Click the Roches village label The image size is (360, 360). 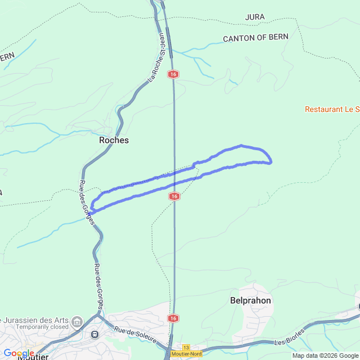(x=114, y=140)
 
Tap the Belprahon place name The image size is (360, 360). (x=251, y=300)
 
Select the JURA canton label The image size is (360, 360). (x=255, y=17)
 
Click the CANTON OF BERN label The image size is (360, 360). (x=256, y=38)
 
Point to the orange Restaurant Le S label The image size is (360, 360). (x=332, y=109)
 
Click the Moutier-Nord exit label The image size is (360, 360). (x=186, y=353)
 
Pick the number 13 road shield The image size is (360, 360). (x=186, y=347)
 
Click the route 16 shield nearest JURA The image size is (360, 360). (x=173, y=74)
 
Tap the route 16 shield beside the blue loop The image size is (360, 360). (x=174, y=196)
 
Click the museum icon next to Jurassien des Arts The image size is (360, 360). (x=77, y=321)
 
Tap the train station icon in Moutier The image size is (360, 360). (x=94, y=334)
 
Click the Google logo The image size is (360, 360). (x=19, y=353)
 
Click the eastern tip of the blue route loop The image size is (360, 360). (x=271, y=162)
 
